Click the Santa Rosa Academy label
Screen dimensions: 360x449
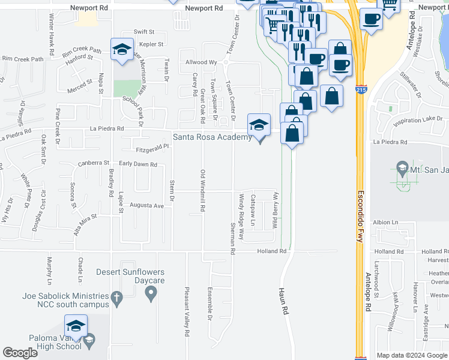[212, 137]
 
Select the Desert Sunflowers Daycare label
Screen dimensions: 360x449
[130, 276]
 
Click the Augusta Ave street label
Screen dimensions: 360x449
[146, 206]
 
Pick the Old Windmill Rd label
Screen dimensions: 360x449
[202, 191]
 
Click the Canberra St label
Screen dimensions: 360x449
[94, 163]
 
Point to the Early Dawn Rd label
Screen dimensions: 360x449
[137, 164]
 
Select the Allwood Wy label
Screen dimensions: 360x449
[201, 62]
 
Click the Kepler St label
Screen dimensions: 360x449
[151, 44]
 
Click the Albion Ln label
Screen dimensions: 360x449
[385, 222]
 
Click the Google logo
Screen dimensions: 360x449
[20, 353]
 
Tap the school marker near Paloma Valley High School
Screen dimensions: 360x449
[76, 328]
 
